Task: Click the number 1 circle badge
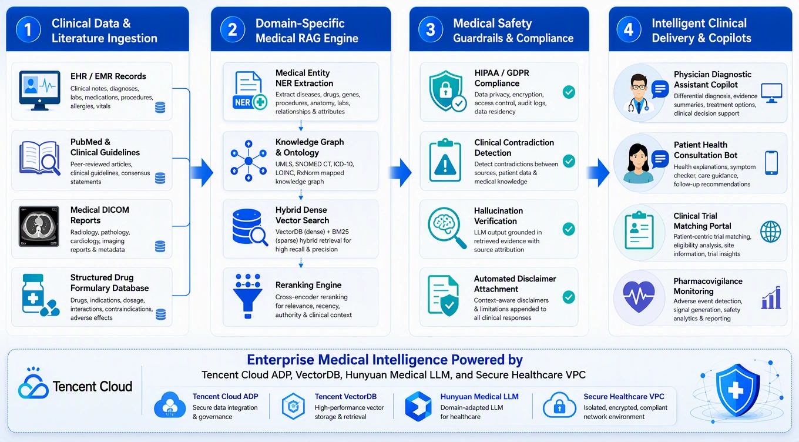(28, 29)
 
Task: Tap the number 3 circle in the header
(431, 29)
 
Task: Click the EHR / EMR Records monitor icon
(39, 91)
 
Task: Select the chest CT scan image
(39, 226)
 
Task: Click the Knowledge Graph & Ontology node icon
(249, 161)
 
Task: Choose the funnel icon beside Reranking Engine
(248, 296)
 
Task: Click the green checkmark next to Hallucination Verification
(569, 229)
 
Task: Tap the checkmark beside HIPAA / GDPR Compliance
(569, 92)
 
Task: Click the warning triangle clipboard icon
(445, 160)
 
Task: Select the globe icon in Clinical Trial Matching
(770, 232)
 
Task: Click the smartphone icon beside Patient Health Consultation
(771, 163)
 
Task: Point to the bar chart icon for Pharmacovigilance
(771, 297)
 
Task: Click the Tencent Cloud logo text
(92, 386)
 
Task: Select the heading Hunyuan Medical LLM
(479, 396)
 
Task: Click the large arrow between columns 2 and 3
(400, 173)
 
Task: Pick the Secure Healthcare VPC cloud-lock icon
(559, 405)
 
